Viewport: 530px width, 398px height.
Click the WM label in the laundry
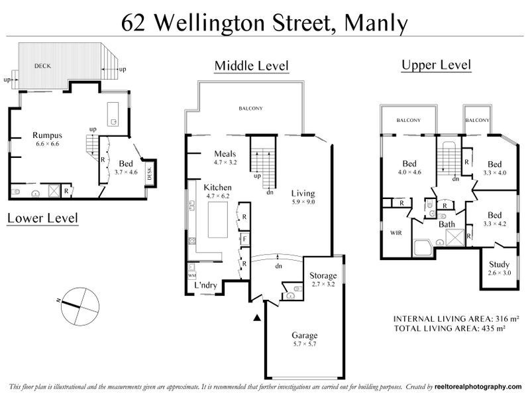(x=192, y=275)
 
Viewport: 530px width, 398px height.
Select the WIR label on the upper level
(x=396, y=233)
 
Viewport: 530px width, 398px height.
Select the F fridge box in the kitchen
(x=244, y=239)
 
